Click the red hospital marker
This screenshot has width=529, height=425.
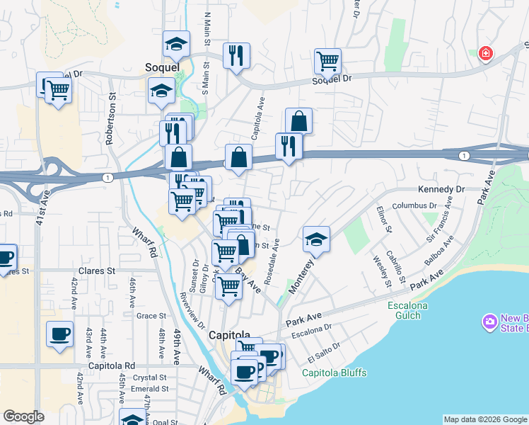click(485, 54)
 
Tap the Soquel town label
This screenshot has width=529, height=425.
click(161, 68)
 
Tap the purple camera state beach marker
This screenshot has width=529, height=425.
click(488, 322)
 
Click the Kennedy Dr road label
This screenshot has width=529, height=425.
click(441, 190)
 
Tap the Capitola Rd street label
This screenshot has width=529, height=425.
click(117, 365)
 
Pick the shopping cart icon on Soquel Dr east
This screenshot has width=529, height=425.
click(327, 61)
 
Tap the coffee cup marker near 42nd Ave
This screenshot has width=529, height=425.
click(59, 334)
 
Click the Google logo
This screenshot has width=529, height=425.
click(23, 416)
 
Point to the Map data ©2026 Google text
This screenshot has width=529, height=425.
click(485, 419)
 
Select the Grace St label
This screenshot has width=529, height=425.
click(151, 316)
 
